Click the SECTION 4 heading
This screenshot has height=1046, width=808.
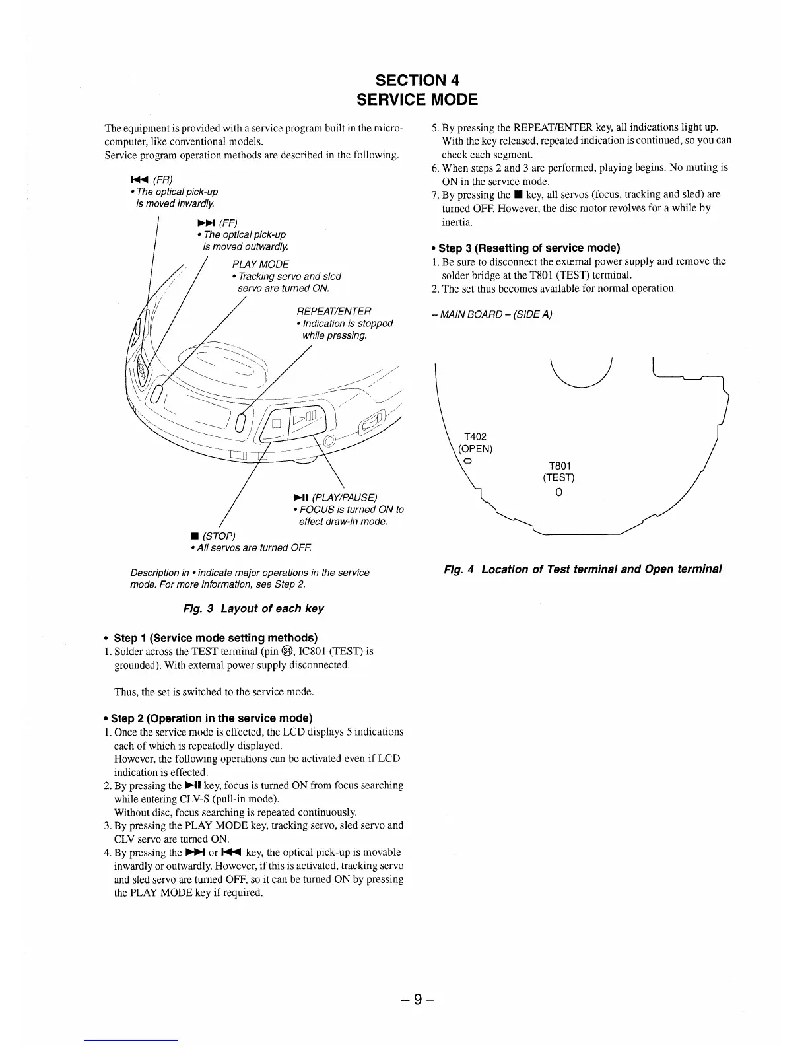coord(417,80)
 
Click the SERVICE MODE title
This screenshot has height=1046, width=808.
coord(417,100)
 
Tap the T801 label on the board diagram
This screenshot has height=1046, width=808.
coord(558,465)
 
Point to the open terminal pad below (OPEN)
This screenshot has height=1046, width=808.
coord(467,460)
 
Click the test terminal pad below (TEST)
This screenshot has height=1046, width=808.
coord(558,492)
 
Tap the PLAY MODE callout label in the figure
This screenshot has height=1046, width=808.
coord(260,264)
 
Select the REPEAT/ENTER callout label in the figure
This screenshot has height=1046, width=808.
coord(334,311)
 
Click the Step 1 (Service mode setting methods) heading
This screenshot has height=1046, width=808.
coord(215,638)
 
